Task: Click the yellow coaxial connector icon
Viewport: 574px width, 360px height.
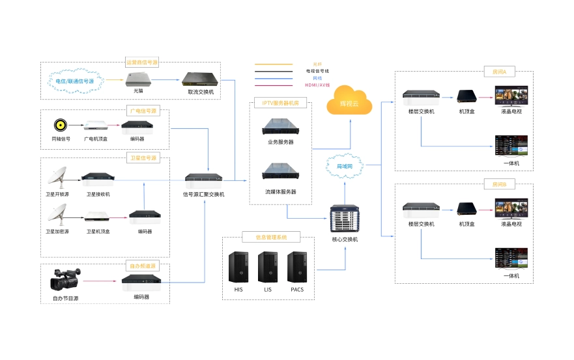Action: (x=61, y=124)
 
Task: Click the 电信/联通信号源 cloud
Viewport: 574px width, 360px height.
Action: (x=74, y=81)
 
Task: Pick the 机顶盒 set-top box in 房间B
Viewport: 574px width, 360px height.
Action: (x=466, y=209)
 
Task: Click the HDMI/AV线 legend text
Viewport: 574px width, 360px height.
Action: (x=317, y=85)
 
